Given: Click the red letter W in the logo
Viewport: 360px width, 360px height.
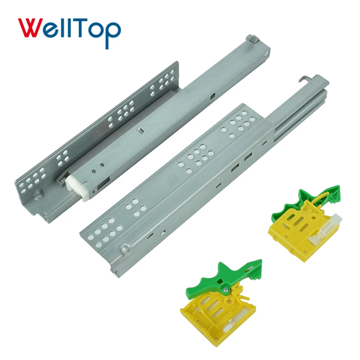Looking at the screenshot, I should coord(32,29).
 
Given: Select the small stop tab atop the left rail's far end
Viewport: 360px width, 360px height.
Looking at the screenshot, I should coord(251,39).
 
